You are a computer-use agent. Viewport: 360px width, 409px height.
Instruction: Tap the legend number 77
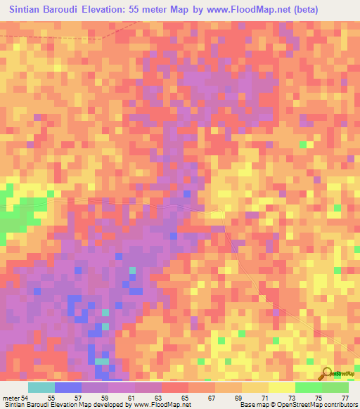345,398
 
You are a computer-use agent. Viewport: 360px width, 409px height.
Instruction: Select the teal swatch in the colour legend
41,387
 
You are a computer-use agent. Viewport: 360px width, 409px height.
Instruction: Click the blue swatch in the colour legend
68,387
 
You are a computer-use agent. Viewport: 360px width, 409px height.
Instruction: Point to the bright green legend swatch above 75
309,387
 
